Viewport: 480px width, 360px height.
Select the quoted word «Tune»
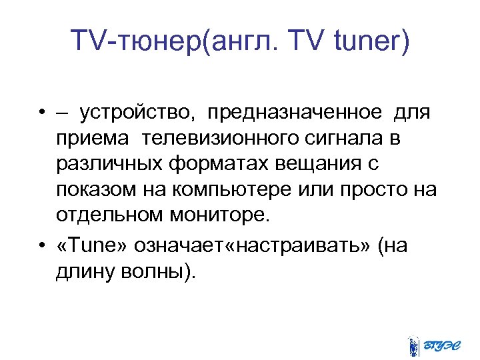[92, 246]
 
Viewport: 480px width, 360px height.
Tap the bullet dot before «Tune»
[43, 247]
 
